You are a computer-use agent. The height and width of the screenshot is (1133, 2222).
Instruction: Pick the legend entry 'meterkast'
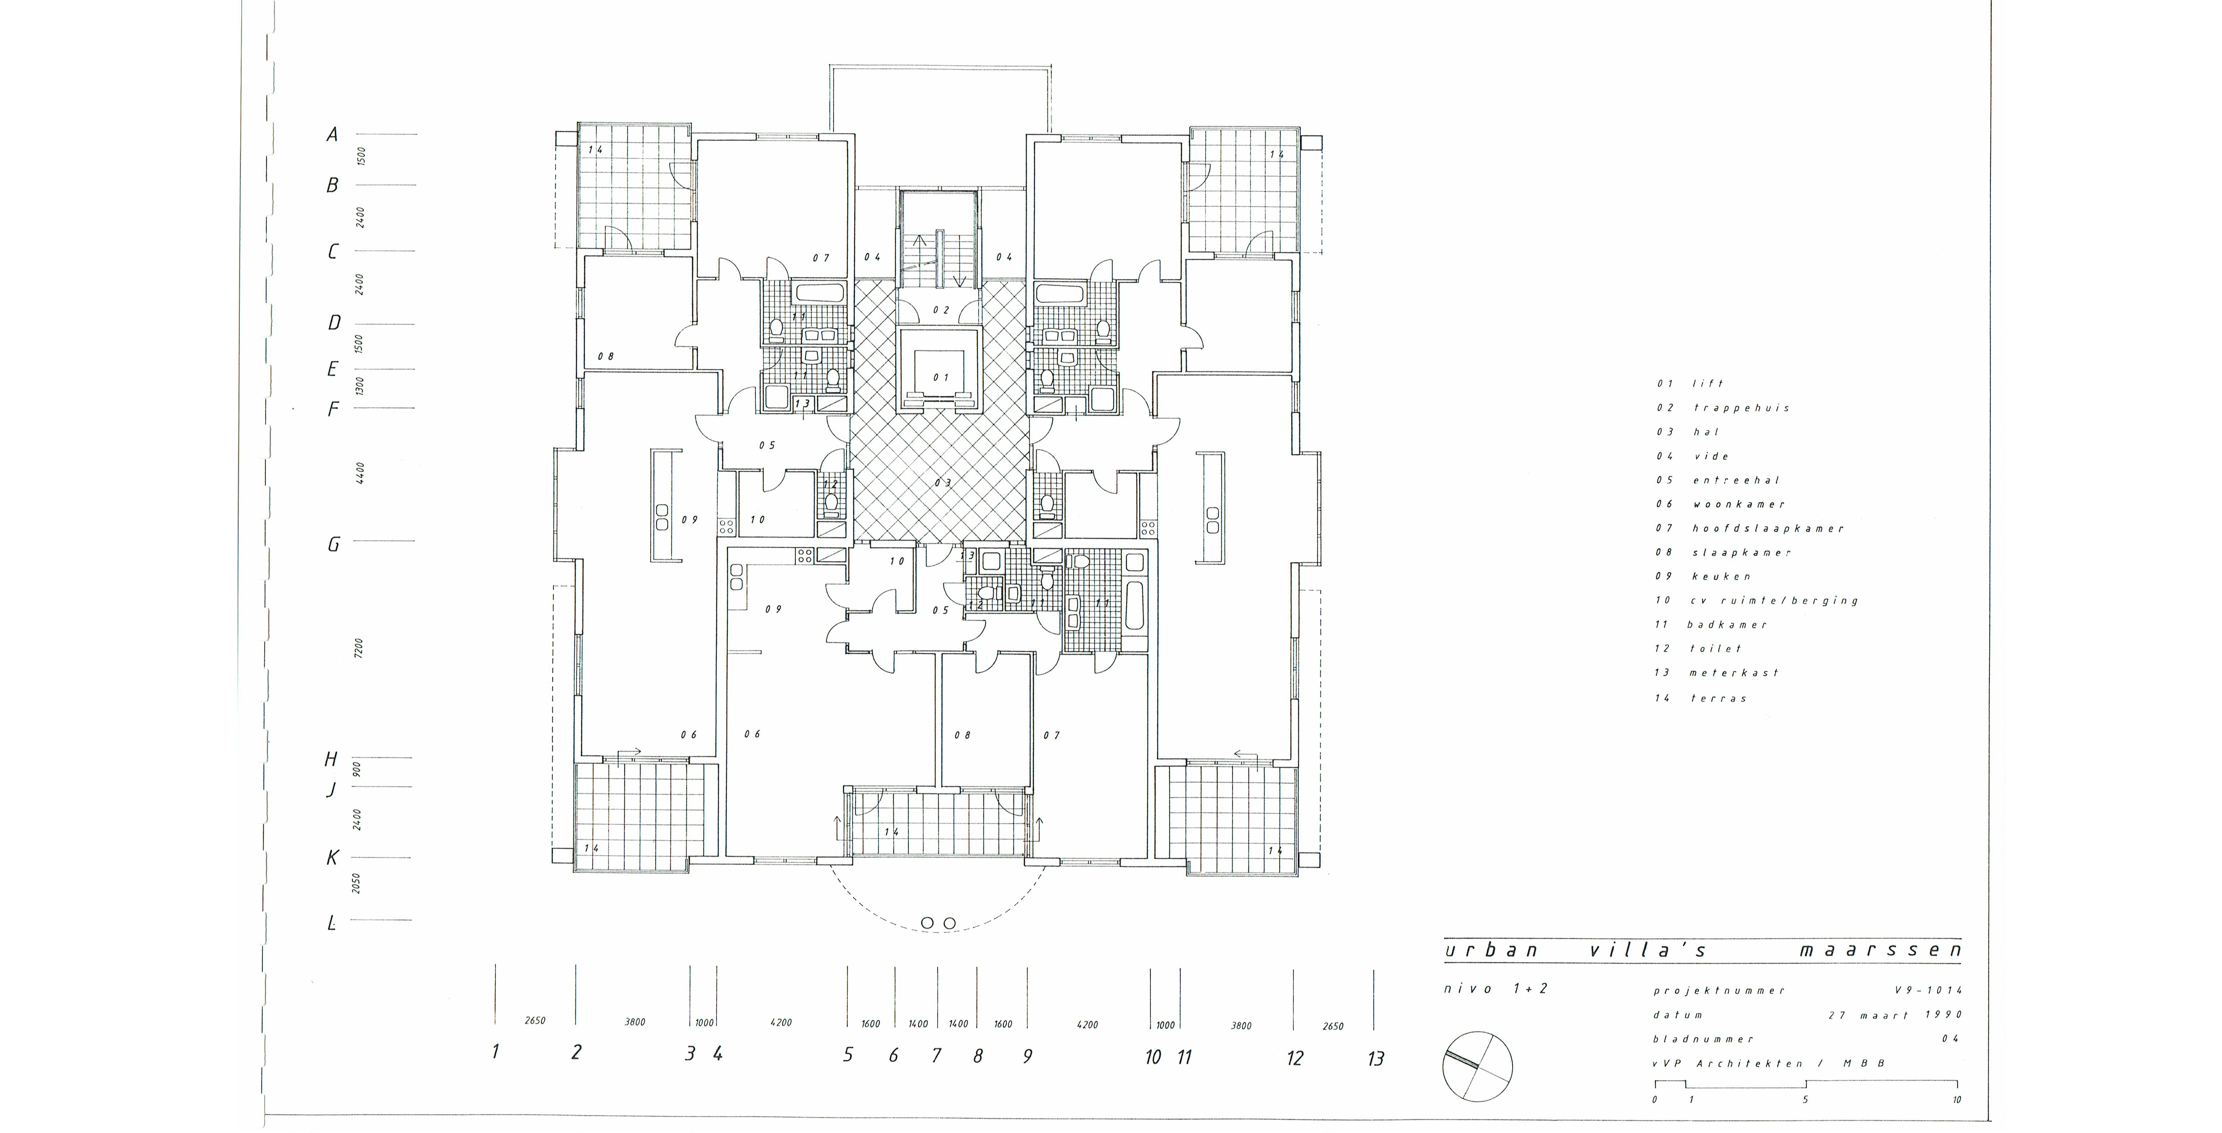[1734, 673]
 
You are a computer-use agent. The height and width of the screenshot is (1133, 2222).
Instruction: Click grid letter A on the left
[331, 135]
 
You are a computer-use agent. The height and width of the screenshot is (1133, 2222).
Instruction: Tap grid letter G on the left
[333, 544]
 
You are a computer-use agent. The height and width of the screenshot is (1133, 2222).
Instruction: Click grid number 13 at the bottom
[1376, 1058]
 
